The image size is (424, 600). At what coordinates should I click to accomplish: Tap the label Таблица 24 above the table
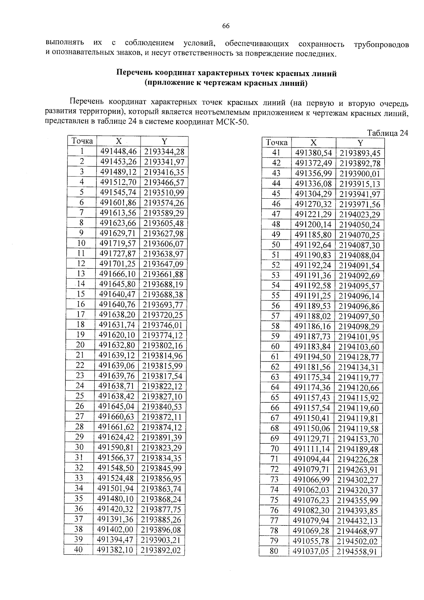pyautogui.click(x=388, y=133)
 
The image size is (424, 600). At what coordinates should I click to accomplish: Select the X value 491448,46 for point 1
pyautogui.click(x=118, y=152)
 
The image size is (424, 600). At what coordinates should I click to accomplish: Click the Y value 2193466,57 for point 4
pyautogui.click(x=164, y=182)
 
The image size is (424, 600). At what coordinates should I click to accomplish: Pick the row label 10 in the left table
pyautogui.click(x=81, y=243)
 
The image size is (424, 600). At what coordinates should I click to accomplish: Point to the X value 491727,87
pyautogui.click(x=118, y=254)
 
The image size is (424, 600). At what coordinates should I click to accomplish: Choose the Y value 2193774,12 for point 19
pyautogui.click(x=163, y=335)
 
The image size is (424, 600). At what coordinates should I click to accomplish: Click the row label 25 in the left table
pyautogui.click(x=80, y=396)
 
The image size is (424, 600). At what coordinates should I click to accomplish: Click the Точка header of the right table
pyautogui.click(x=277, y=142)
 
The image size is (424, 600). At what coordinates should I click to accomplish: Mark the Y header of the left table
pyautogui.click(x=164, y=141)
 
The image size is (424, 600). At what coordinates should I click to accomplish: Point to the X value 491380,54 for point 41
pyautogui.click(x=314, y=153)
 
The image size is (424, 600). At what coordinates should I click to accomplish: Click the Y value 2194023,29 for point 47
pyautogui.click(x=360, y=214)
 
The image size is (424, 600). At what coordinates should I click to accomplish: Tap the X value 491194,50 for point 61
pyautogui.click(x=312, y=357)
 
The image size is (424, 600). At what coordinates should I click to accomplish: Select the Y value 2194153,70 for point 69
pyautogui.click(x=358, y=439)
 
